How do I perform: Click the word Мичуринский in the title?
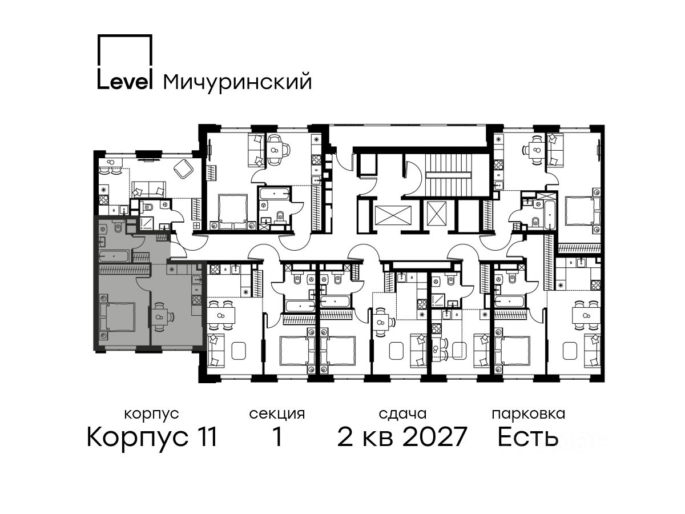[237, 82]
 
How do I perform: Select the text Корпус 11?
[152, 437]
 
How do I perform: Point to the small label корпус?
[152, 415]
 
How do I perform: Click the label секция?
[277, 414]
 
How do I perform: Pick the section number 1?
[277, 436]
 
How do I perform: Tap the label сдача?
[402, 414]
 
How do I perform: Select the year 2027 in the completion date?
[435, 436]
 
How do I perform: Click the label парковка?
[529, 414]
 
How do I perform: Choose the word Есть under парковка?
[527, 436]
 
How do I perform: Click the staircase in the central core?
[449, 174]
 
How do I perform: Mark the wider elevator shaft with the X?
[393, 216]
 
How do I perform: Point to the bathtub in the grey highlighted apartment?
[114, 256]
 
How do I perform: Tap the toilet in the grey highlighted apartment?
[118, 227]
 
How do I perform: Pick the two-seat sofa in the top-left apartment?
[148, 190]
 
